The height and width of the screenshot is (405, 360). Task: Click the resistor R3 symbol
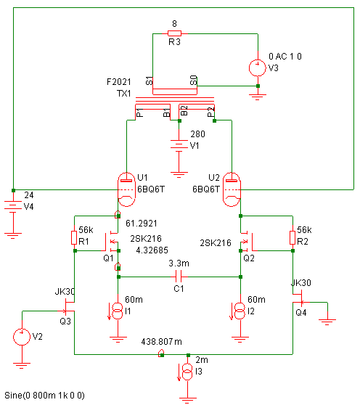174,33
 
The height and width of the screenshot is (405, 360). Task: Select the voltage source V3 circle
258,68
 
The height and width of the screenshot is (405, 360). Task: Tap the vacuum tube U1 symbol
126,189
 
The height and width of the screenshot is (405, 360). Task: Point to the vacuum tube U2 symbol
232,189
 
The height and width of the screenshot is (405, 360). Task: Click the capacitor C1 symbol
179,277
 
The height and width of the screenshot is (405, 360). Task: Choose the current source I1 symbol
118,311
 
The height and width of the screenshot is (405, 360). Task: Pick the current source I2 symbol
240,311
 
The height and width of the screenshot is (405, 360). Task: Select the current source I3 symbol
188,372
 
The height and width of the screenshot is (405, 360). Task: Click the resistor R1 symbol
74,237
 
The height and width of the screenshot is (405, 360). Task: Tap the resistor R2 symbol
292,237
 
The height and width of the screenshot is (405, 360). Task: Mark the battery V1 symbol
179,144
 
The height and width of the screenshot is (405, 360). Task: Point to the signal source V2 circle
22,337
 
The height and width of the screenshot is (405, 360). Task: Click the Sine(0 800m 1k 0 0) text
44,396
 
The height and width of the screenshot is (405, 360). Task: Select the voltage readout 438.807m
161,342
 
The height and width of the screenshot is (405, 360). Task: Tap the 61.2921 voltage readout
142,223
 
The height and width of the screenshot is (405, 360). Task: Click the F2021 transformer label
119,82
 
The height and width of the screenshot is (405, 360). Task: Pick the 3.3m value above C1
179,263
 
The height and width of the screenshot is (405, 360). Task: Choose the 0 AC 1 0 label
285,57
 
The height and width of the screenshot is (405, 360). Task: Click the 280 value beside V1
197,134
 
